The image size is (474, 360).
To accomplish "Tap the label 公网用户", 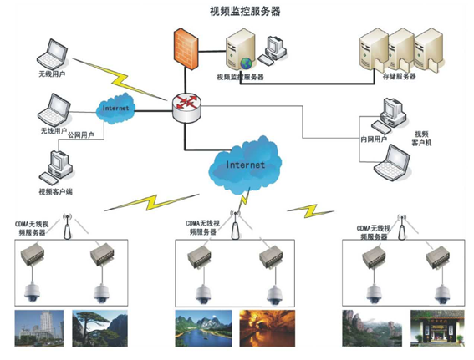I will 81,134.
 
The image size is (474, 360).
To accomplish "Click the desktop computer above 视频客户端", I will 58,162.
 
